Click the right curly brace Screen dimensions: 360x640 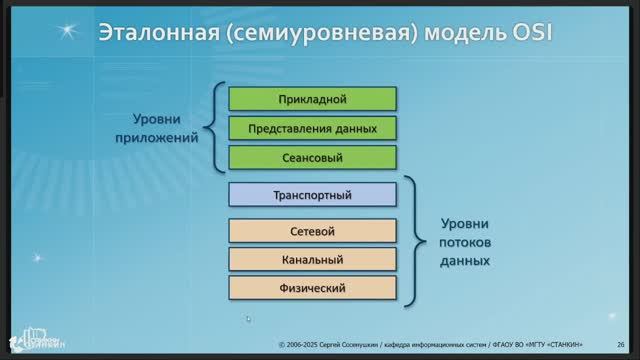[413, 241]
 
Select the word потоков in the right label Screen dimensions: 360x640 [465, 242]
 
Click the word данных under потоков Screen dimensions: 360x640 [465, 260]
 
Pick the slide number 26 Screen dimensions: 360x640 [621, 343]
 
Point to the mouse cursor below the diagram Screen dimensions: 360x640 [248, 319]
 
